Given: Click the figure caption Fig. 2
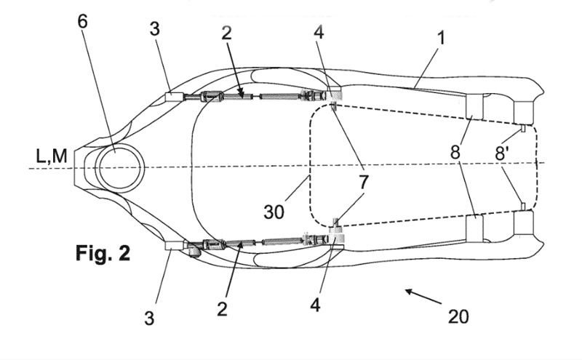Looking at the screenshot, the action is coord(103,254).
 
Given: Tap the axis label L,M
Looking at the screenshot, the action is coord(52,156).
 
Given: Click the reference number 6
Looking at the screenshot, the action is coord(82,22).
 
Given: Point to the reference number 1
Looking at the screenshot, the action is coord(441,38).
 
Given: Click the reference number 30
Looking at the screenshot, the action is coord(274,212).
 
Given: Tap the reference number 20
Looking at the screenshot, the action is coord(458,316).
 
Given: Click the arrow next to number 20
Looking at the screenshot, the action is coord(423,297).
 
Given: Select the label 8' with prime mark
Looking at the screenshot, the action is coord(501,153).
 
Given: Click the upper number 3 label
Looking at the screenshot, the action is coord(155,28).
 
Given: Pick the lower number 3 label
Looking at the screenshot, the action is coord(149,318).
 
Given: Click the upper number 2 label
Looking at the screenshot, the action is coord(226,33).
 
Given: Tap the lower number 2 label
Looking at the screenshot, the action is coord(222,309).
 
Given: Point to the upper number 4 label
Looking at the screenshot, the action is coord(319,32).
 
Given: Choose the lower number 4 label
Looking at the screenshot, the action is coord(315,305).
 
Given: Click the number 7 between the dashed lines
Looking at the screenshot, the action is coord(363,183).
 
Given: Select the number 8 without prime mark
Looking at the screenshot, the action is coord(455,152).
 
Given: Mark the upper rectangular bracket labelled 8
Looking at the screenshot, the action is coord(475,107).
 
